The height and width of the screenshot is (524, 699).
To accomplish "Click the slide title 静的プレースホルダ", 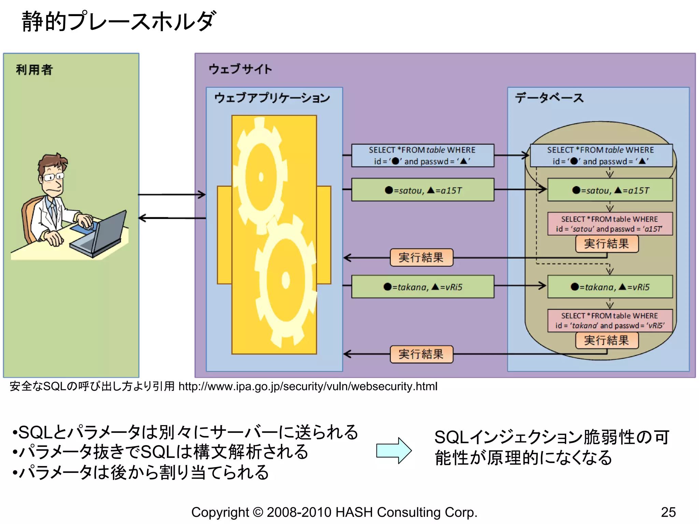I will (119, 21).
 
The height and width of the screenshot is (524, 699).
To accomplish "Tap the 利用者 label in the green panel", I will (34, 70).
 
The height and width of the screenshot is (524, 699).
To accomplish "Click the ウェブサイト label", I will (240, 69).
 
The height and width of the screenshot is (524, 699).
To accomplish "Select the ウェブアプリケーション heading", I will (272, 98).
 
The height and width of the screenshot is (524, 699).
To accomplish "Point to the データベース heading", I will (549, 98).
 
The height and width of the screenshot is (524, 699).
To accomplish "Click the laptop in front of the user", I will (99, 235).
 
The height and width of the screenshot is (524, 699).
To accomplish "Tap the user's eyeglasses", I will (54, 177).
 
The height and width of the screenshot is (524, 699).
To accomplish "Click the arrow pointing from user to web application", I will (171, 195).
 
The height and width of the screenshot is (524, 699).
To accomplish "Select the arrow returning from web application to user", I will (171, 218).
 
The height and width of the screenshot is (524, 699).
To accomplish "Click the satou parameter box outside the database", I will (423, 190).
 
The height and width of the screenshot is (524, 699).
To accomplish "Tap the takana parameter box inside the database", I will (610, 287).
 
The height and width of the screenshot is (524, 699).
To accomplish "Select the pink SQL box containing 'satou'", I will (610, 224).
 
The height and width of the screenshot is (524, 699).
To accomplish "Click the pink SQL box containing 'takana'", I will (610, 320).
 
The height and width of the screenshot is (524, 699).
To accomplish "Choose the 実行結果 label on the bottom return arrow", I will (421, 354).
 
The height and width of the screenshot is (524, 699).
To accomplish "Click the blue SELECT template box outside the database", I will (423, 156).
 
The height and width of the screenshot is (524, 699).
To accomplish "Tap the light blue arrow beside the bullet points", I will (394, 451).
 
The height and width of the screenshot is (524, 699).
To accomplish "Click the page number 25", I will (668, 512).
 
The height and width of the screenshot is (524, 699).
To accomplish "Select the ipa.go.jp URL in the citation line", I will (308, 386).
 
